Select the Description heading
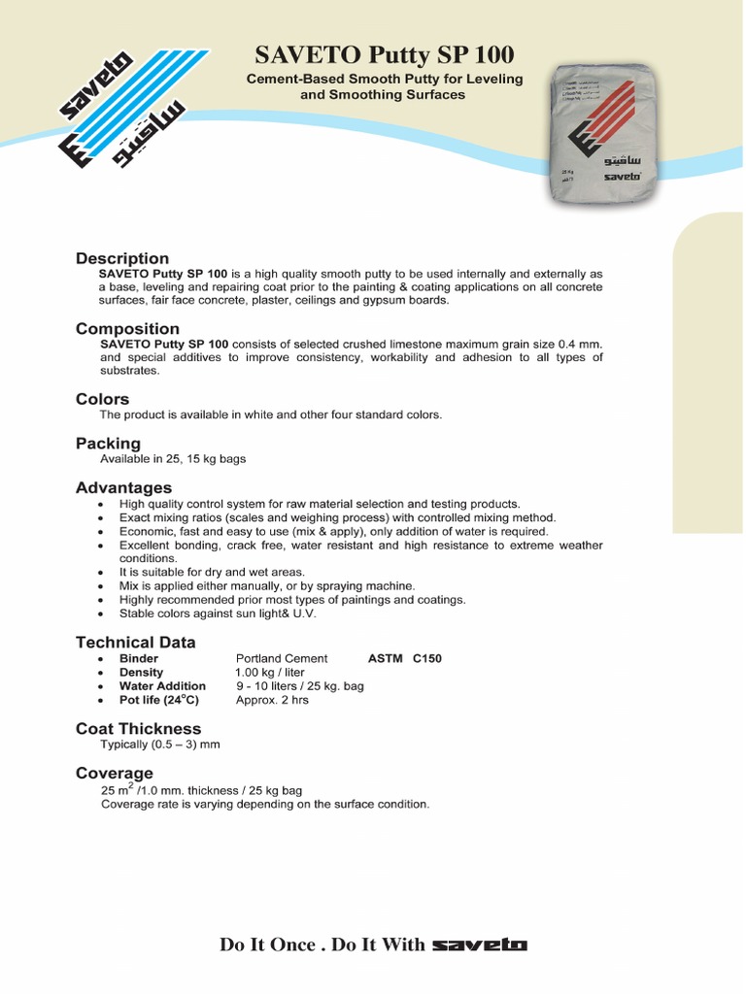(x=122, y=258)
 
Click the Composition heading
(x=127, y=329)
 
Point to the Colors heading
(x=102, y=399)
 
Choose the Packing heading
(x=108, y=444)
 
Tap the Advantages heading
(x=123, y=487)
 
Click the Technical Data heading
(x=135, y=642)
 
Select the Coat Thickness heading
(x=138, y=729)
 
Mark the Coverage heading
(x=114, y=773)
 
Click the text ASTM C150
(x=404, y=659)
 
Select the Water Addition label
(x=162, y=686)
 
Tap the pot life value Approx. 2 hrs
(x=272, y=700)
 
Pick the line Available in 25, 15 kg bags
(x=173, y=459)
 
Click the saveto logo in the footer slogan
(x=479, y=944)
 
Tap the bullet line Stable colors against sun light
(x=218, y=613)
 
